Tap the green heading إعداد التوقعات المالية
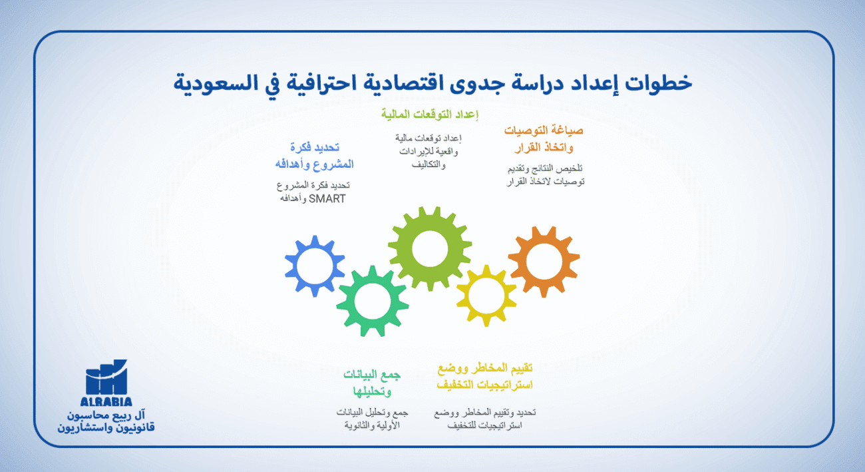click(x=430, y=114)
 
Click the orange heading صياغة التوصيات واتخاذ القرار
click(x=544, y=138)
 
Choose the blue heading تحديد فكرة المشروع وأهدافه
click(x=314, y=156)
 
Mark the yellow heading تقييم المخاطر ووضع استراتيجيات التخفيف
click(x=485, y=377)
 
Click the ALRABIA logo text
click(x=106, y=401)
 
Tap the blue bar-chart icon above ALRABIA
click(x=106, y=377)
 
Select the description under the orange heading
click(x=545, y=175)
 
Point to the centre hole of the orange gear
click(x=544, y=262)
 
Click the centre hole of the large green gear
click(x=429, y=248)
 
